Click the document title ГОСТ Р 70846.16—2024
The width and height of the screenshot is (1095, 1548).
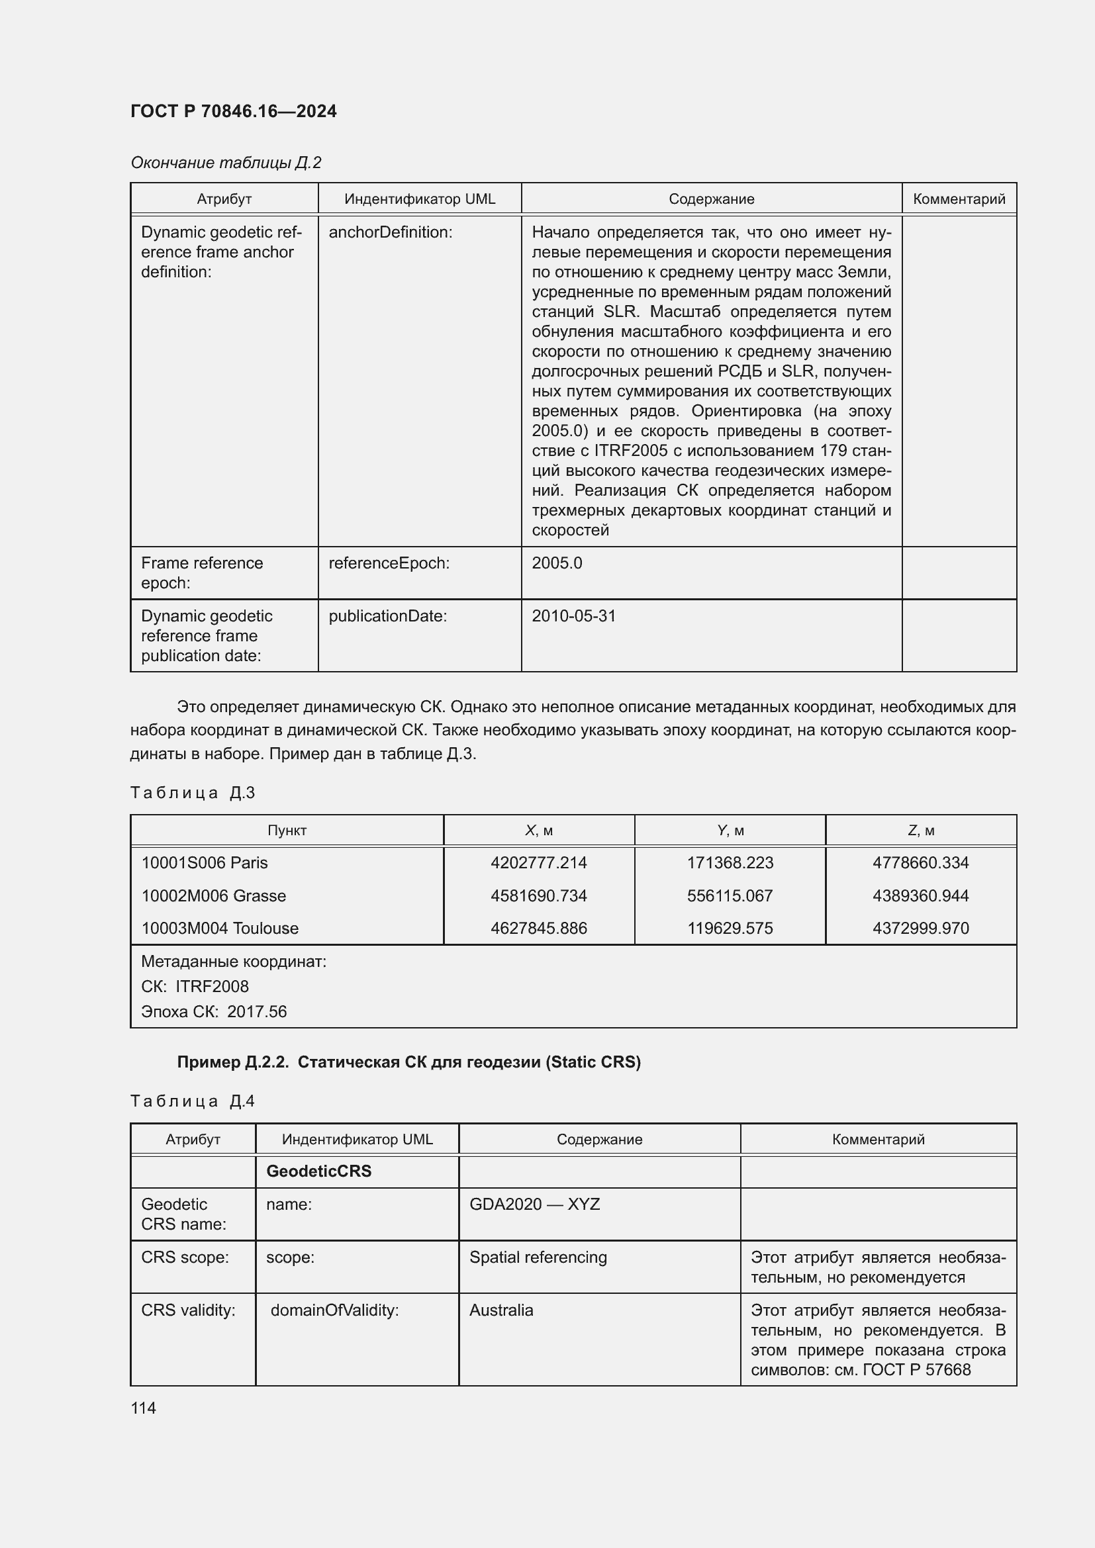point(233,111)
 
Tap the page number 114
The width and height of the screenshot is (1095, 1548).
point(143,1408)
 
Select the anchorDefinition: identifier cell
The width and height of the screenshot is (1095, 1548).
point(391,232)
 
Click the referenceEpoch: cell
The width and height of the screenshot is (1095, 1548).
point(389,563)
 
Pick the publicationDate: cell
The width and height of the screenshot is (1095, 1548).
point(388,615)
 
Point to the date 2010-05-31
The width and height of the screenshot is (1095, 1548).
point(574,615)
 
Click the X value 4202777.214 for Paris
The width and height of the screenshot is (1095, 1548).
point(538,862)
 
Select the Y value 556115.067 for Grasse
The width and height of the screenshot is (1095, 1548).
point(730,895)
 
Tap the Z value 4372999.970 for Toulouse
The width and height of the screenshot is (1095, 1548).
point(920,928)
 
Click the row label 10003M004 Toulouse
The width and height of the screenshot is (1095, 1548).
point(220,928)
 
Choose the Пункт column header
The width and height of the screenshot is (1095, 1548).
point(287,830)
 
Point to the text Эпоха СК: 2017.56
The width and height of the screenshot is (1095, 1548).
point(214,1011)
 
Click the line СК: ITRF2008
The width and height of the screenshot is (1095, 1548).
point(195,986)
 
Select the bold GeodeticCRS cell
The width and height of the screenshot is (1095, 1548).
point(319,1171)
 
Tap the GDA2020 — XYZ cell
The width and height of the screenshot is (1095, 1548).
point(534,1204)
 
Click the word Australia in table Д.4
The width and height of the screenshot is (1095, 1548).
point(501,1310)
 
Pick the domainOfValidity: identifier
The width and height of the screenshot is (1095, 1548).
point(334,1310)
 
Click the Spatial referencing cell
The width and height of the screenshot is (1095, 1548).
point(538,1257)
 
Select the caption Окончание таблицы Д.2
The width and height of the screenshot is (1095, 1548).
point(226,163)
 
